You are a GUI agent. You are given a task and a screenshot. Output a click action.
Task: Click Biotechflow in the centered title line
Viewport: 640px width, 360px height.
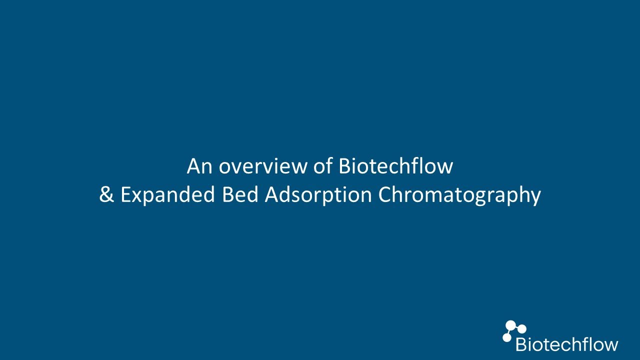click(x=395, y=166)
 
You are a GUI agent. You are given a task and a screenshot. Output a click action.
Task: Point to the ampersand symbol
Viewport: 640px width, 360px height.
click(x=106, y=195)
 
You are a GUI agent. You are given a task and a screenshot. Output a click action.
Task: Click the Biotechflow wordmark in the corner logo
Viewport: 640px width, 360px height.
click(x=567, y=344)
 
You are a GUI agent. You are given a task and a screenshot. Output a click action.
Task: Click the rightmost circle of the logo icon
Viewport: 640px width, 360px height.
click(x=522, y=329)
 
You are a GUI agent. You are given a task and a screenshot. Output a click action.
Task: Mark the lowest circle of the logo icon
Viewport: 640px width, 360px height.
click(x=507, y=337)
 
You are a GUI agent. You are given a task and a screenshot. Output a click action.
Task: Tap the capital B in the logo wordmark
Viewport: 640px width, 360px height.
click(x=521, y=344)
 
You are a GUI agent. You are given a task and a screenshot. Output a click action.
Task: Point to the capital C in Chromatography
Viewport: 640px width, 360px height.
click(x=385, y=195)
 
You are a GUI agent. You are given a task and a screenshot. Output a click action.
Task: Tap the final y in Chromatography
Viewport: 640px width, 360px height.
click(x=536, y=198)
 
